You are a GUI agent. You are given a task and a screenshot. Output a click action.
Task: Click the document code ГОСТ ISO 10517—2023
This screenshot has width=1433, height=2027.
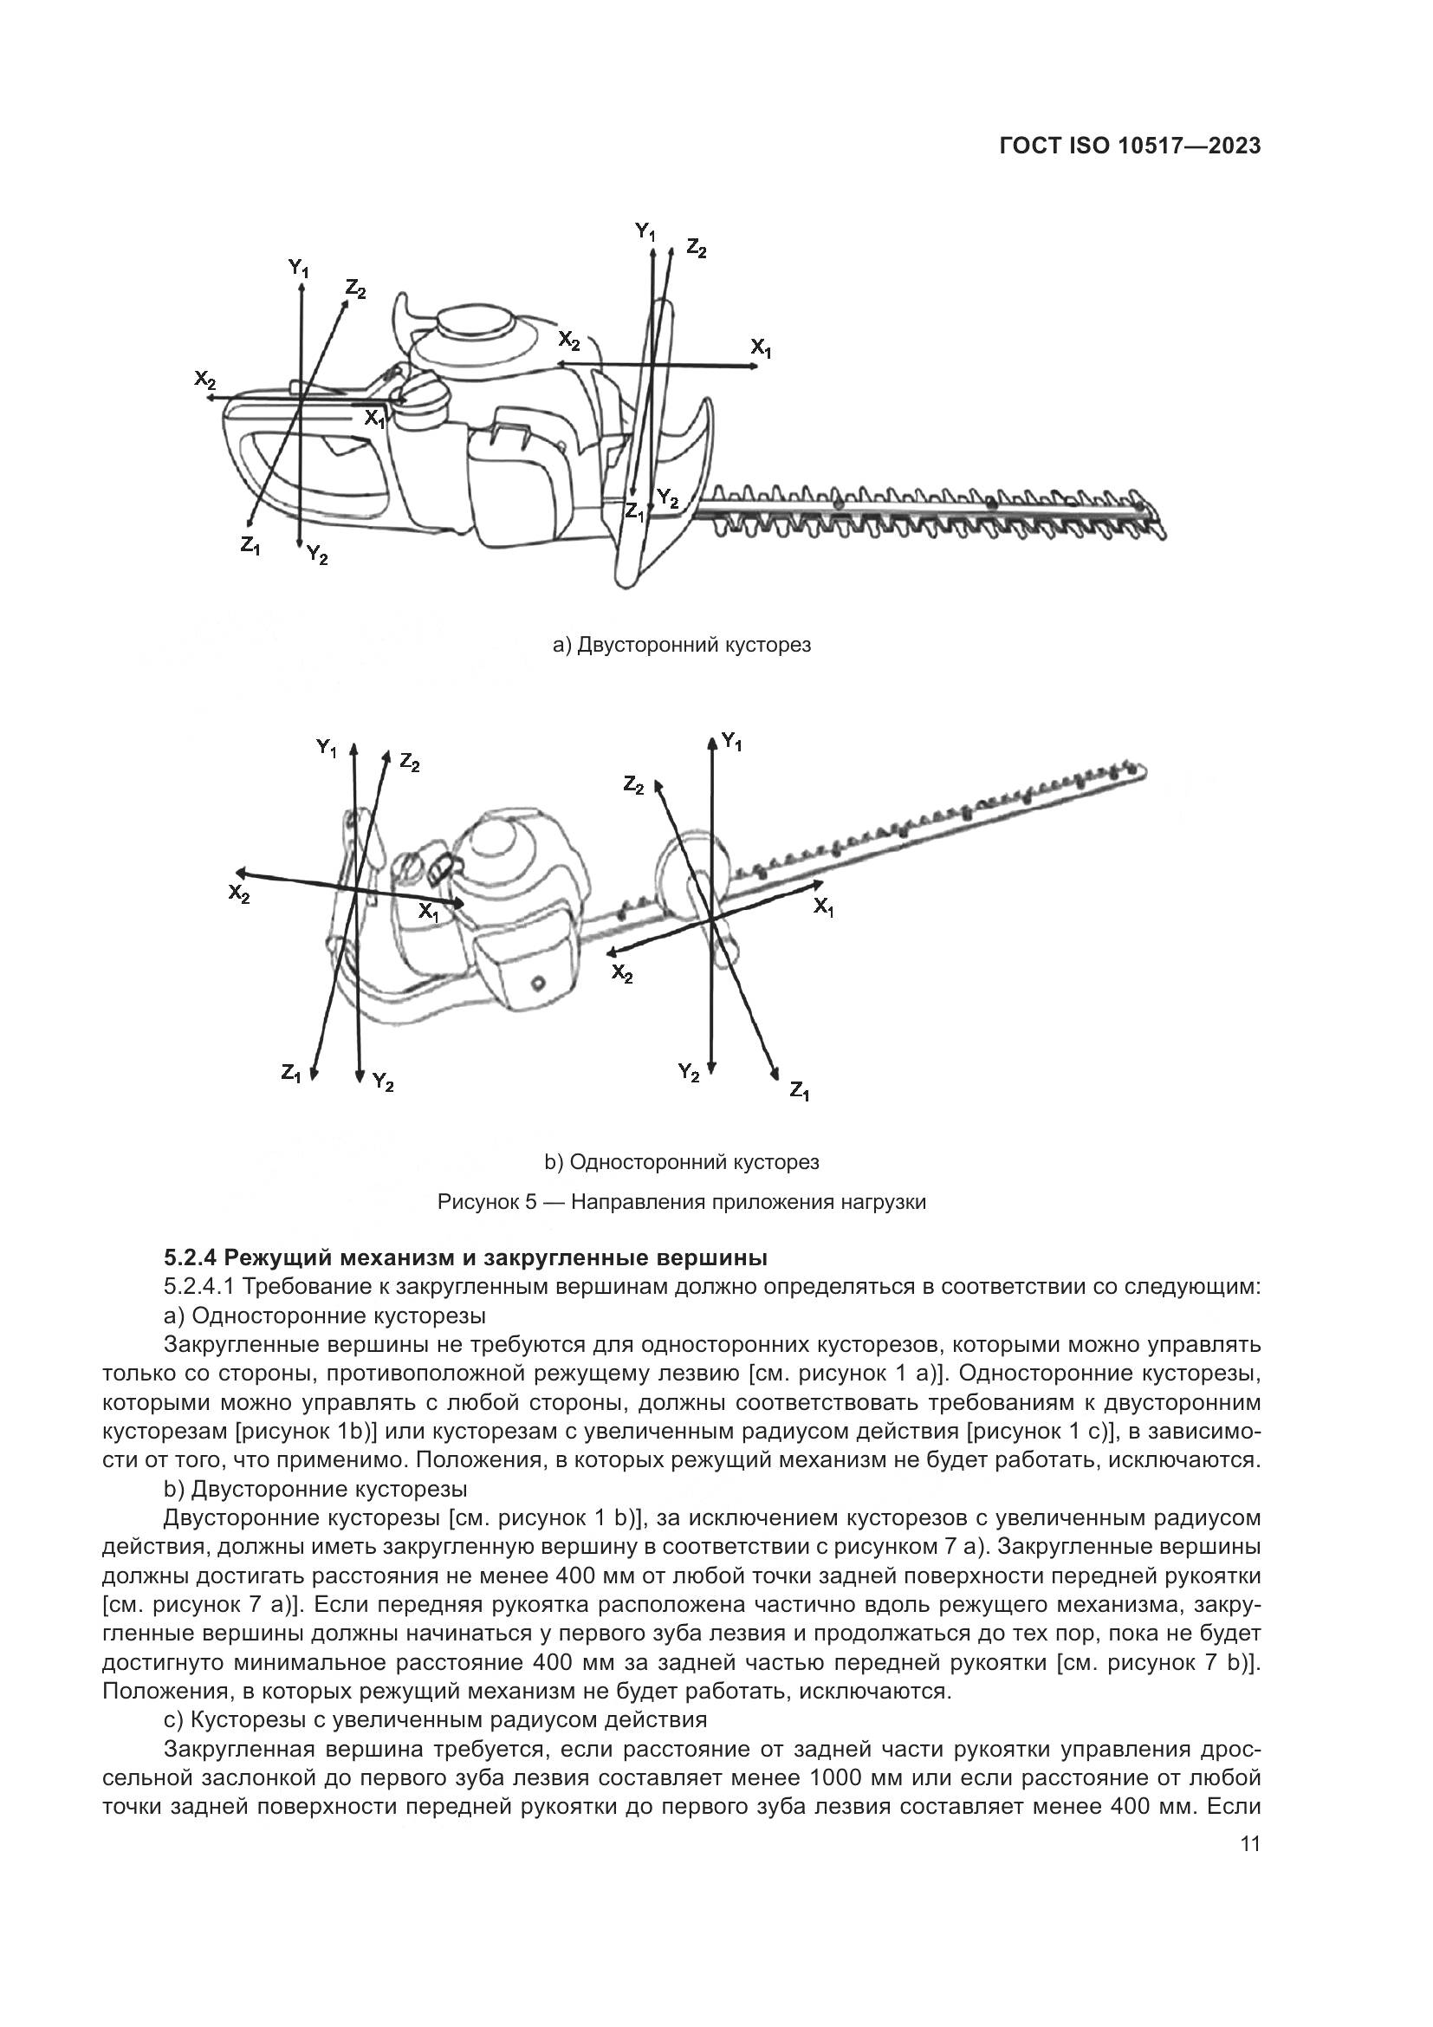(x=1130, y=146)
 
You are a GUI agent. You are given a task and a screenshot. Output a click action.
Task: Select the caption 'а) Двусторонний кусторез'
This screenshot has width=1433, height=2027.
(x=681, y=646)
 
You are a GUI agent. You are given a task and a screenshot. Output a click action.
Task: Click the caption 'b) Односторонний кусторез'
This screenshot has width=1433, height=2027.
(x=681, y=1162)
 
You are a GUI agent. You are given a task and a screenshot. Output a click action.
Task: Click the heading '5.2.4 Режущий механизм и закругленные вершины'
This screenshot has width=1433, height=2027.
(x=466, y=1257)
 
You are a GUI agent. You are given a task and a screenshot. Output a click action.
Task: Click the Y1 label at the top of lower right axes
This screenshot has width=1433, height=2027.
(x=731, y=742)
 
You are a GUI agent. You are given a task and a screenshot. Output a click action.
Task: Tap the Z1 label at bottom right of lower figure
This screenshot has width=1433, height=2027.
(x=800, y=1092)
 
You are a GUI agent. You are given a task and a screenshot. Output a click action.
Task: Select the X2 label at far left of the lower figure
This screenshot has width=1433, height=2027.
(x=239, y=893)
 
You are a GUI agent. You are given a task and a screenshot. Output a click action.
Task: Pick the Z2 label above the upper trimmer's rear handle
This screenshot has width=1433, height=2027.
(x=355, y=288)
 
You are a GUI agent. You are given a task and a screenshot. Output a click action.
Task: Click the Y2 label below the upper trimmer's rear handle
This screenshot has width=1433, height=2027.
(x=318, y=555)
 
